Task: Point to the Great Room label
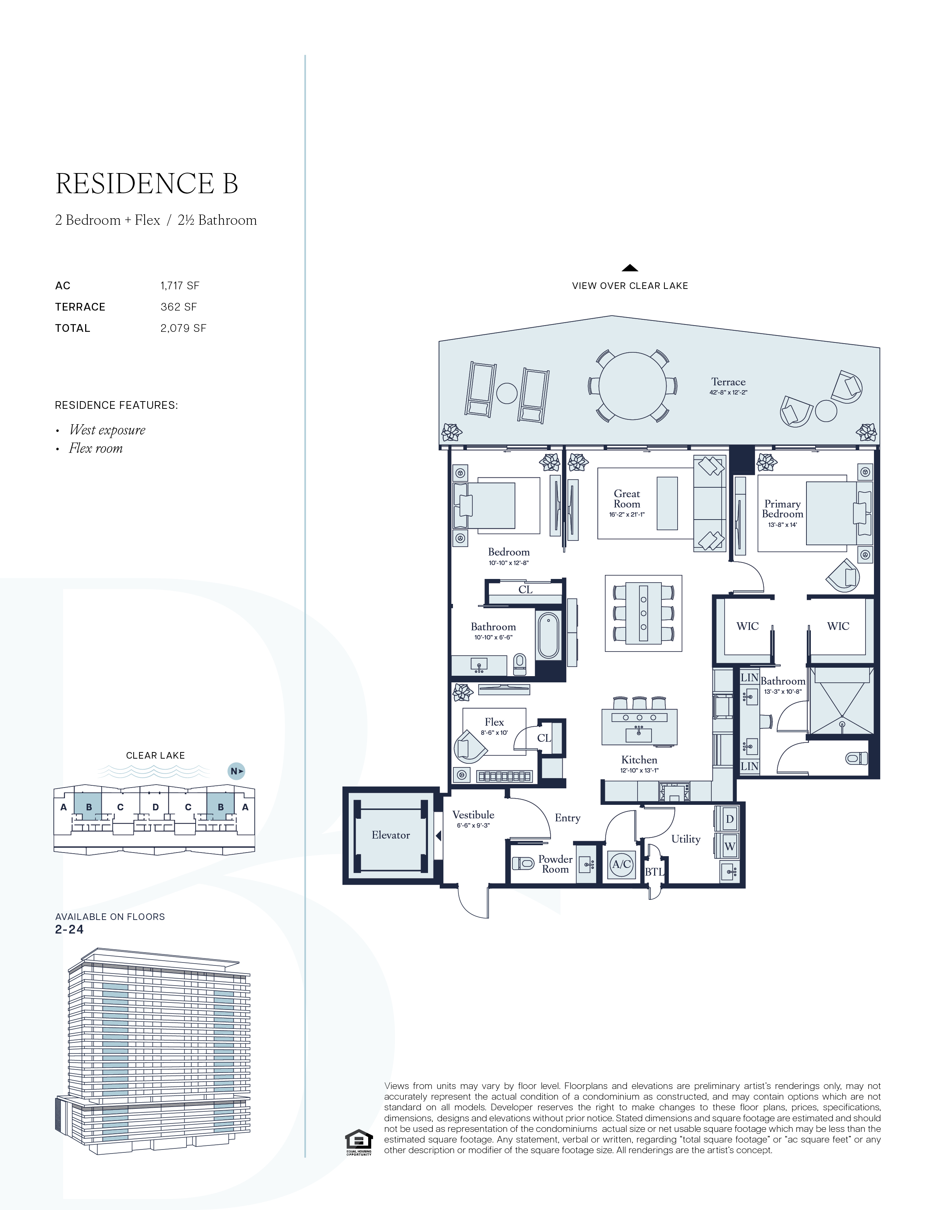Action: [x=627, y=499]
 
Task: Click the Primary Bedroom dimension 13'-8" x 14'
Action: [x=783, y=525]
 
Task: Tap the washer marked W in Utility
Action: [x=730, y=847]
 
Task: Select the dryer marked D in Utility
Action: [x=730, y=819]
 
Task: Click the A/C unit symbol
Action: [x=621, y=864]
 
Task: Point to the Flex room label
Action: [x=494, y=722]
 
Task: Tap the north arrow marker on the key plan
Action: [x=237, y=771]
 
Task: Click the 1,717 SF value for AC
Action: [x=179, y=286]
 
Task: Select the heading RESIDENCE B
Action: [x=147, y=184]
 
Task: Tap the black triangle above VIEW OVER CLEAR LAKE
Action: [x=630, y=268]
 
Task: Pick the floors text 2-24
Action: [x=69, y=929]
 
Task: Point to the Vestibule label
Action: [x=473, y=815]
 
